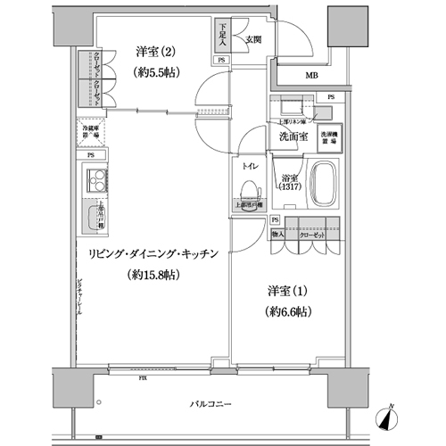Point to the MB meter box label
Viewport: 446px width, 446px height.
tap(311, 77)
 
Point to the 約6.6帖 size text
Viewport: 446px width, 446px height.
tap(285, 312)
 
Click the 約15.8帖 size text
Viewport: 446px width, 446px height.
tap(153, 275)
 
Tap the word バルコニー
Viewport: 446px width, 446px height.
tap(212, 405)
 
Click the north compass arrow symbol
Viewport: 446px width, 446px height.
tap(390, 415)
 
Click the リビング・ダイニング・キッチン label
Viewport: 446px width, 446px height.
tap(153, 254)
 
